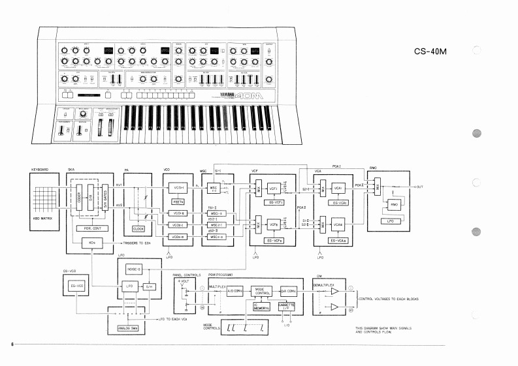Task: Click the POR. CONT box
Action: (92, 228)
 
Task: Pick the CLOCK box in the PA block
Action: (138, 228)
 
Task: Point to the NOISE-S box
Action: (134, 269)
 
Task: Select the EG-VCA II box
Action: (340, 241)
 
